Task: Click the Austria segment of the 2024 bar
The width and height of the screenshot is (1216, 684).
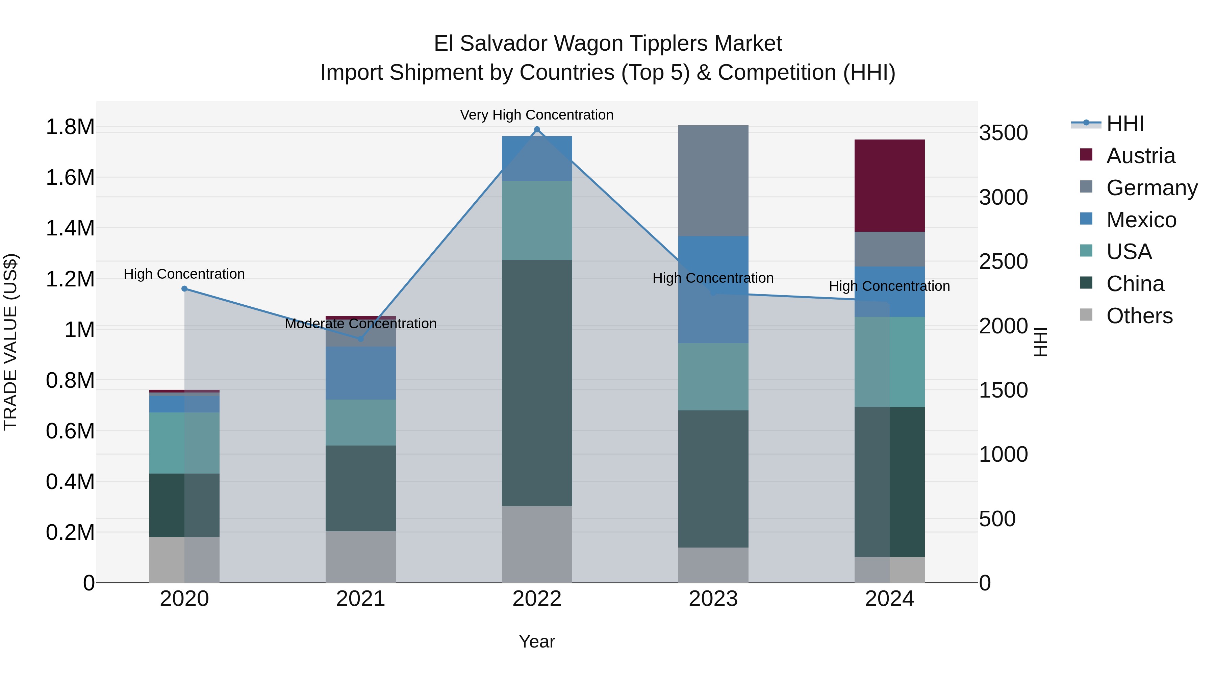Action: tap(889, 185)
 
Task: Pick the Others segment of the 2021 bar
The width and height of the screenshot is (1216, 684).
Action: tap(361, 557)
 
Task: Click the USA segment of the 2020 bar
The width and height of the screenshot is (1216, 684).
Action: tap(184, 443)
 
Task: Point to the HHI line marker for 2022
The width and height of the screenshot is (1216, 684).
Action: tap(537, 129)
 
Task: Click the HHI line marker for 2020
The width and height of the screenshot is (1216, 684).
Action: tap(184, 288)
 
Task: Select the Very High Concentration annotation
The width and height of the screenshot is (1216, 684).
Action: tap(537, 115)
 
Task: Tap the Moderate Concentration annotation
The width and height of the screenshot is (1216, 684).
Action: tap(361, 324)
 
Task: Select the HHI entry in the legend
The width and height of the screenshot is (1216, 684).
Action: tap(1124, 124)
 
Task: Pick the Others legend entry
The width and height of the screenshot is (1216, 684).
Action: tap(1139, 316)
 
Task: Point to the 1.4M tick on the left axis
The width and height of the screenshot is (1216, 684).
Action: tap(70, 228)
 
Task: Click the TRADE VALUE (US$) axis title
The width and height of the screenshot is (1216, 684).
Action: tap(10, 342)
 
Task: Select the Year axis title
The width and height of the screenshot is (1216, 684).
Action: tap(537, 641)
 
